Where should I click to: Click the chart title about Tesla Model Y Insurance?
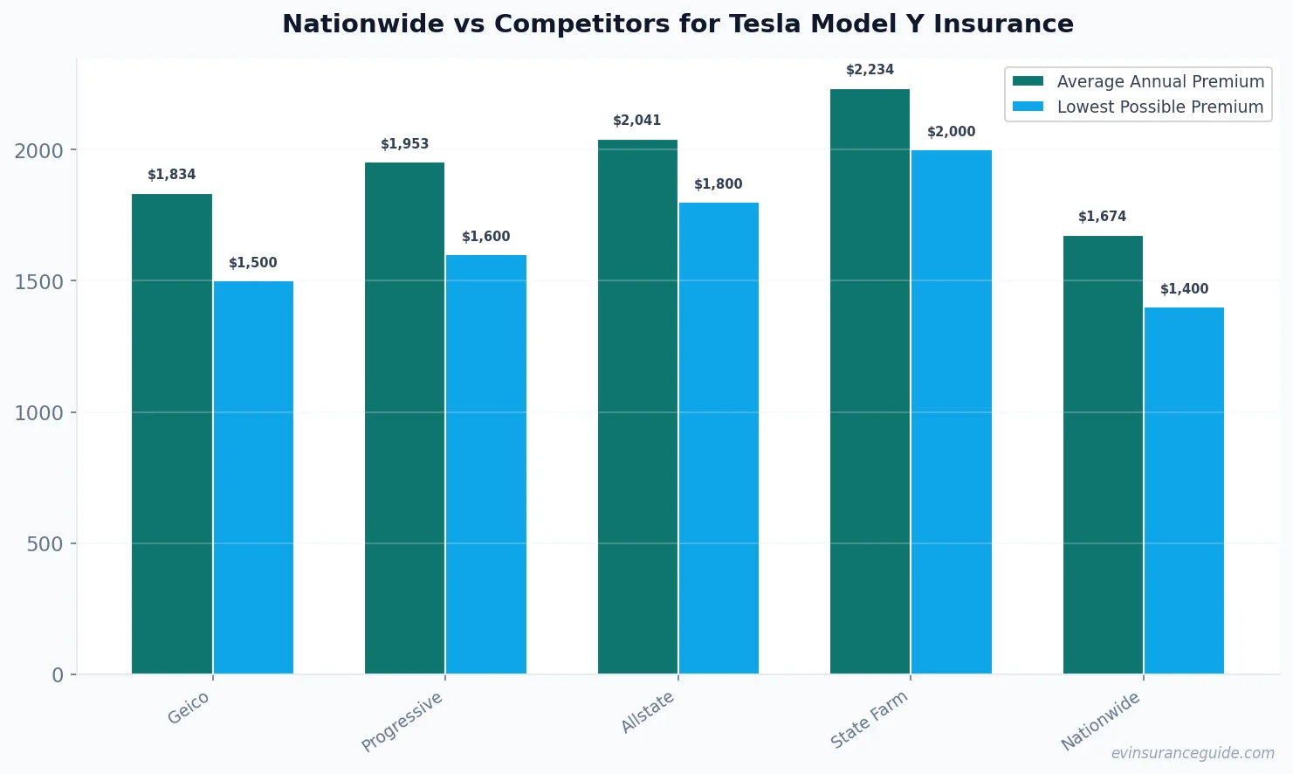(677, 24)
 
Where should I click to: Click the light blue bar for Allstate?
(719, 438)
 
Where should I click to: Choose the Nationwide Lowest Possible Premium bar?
(1184, 490)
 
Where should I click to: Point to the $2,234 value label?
(870, 70)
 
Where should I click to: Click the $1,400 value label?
(1184, 289)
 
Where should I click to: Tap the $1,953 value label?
(404, 144)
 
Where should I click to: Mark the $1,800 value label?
(718, 184)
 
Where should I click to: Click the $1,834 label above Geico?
(172, 175)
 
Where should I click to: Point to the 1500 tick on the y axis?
(39, 281)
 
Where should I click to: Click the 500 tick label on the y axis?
(45, 543)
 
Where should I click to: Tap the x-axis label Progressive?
(402, 721)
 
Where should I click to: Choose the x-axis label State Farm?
(869, 719)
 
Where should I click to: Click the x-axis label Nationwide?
(1100, 721)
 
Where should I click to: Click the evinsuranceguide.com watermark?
(1192, 753)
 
